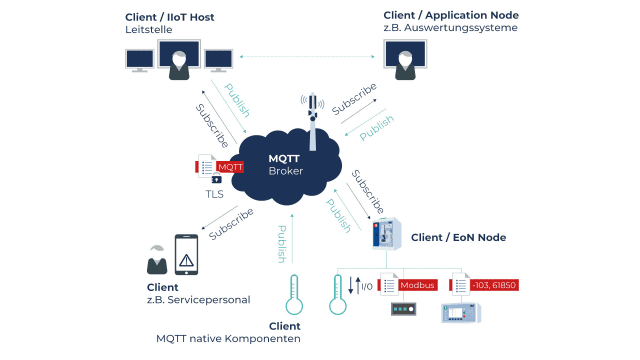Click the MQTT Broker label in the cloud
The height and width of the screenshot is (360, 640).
point(286,165)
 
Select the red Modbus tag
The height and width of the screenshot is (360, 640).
point(417,285)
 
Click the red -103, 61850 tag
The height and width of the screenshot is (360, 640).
point(494,285)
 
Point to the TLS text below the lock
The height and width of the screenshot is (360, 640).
point(214,194)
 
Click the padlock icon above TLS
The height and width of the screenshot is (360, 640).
point(217,179)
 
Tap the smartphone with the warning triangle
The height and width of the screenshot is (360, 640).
point(186,255)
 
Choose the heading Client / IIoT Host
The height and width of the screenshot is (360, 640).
point(170,17)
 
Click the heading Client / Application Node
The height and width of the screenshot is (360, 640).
point(451,15)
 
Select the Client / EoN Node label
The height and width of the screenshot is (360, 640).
point(458,238)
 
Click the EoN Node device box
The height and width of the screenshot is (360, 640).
point(387,234)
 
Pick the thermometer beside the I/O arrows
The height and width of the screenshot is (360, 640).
point(338,295)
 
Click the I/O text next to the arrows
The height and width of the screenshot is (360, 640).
point(367,287)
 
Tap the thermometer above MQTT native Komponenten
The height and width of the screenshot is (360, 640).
point(294,295)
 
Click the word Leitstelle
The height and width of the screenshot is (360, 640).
point(149,30)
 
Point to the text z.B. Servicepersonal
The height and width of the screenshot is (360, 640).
point(198,300)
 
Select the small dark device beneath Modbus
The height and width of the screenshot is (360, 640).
point(403,309)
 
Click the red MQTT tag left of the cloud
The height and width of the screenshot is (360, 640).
point(230,167)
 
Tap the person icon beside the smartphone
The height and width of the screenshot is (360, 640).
point(157,260)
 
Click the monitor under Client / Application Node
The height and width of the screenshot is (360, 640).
point(405,54)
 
